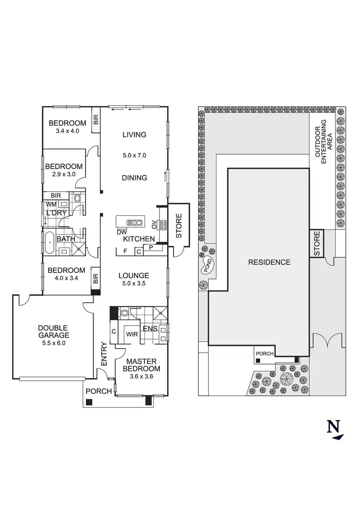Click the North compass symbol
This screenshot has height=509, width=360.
point(336,429)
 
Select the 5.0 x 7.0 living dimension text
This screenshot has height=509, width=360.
point(134,155)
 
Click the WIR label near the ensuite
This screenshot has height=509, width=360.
point(132,334)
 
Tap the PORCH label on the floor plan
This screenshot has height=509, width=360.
point(98,391)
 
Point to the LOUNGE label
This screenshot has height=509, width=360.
point(134,276)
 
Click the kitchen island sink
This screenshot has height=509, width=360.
point(135,222)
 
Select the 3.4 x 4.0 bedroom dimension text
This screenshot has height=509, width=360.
point(67,130)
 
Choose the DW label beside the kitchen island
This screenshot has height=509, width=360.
point(121,232)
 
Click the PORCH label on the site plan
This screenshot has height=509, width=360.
point(264,354)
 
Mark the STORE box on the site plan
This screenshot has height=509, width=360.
point(316,244)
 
